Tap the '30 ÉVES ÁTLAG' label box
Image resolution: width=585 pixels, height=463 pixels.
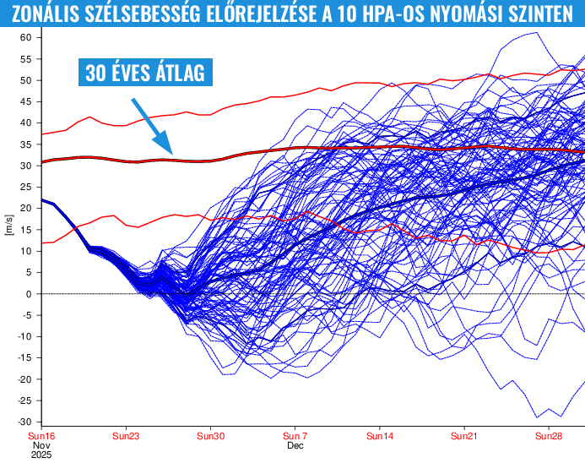[144, 73]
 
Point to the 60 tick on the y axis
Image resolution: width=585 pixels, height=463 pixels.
[26, 38]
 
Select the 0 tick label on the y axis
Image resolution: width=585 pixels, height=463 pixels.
[29, 294]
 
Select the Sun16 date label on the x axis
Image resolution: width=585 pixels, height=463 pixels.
[42, 437]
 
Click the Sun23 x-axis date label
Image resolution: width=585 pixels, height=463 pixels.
[126, 437]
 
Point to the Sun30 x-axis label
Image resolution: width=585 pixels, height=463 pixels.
[211, 437]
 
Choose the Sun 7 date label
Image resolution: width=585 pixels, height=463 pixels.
[295, 437]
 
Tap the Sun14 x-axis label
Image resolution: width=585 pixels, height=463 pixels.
[380, 437]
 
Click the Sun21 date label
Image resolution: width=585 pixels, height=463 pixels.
[464, 437]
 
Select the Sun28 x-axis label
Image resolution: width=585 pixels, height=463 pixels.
[549, 437]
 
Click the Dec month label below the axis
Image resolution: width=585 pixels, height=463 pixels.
[295, 445]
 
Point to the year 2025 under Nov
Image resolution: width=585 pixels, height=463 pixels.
[42, 455]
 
